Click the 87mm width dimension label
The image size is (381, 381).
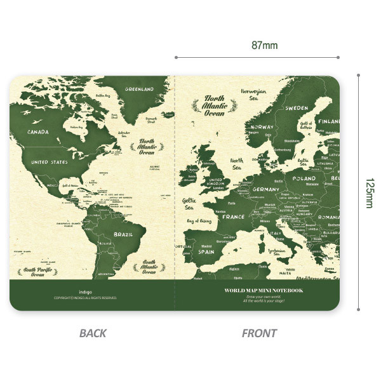pos(265,45)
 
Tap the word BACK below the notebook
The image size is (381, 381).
pos(93,333)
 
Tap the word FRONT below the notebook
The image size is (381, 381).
pos(260,333)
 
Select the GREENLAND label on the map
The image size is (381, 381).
pos(139,90)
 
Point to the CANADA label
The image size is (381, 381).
pos(39,132)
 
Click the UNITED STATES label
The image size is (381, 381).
pos(49,163)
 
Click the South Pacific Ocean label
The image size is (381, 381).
pos(37,272)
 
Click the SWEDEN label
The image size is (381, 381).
pos(296,109)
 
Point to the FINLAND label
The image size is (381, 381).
pos(328,121)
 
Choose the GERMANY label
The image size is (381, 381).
pos(265,189)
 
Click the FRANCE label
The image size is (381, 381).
pos(233,217)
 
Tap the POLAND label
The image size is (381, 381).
pos(304,179)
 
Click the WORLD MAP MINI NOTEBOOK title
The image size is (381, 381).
pos(264,290)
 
